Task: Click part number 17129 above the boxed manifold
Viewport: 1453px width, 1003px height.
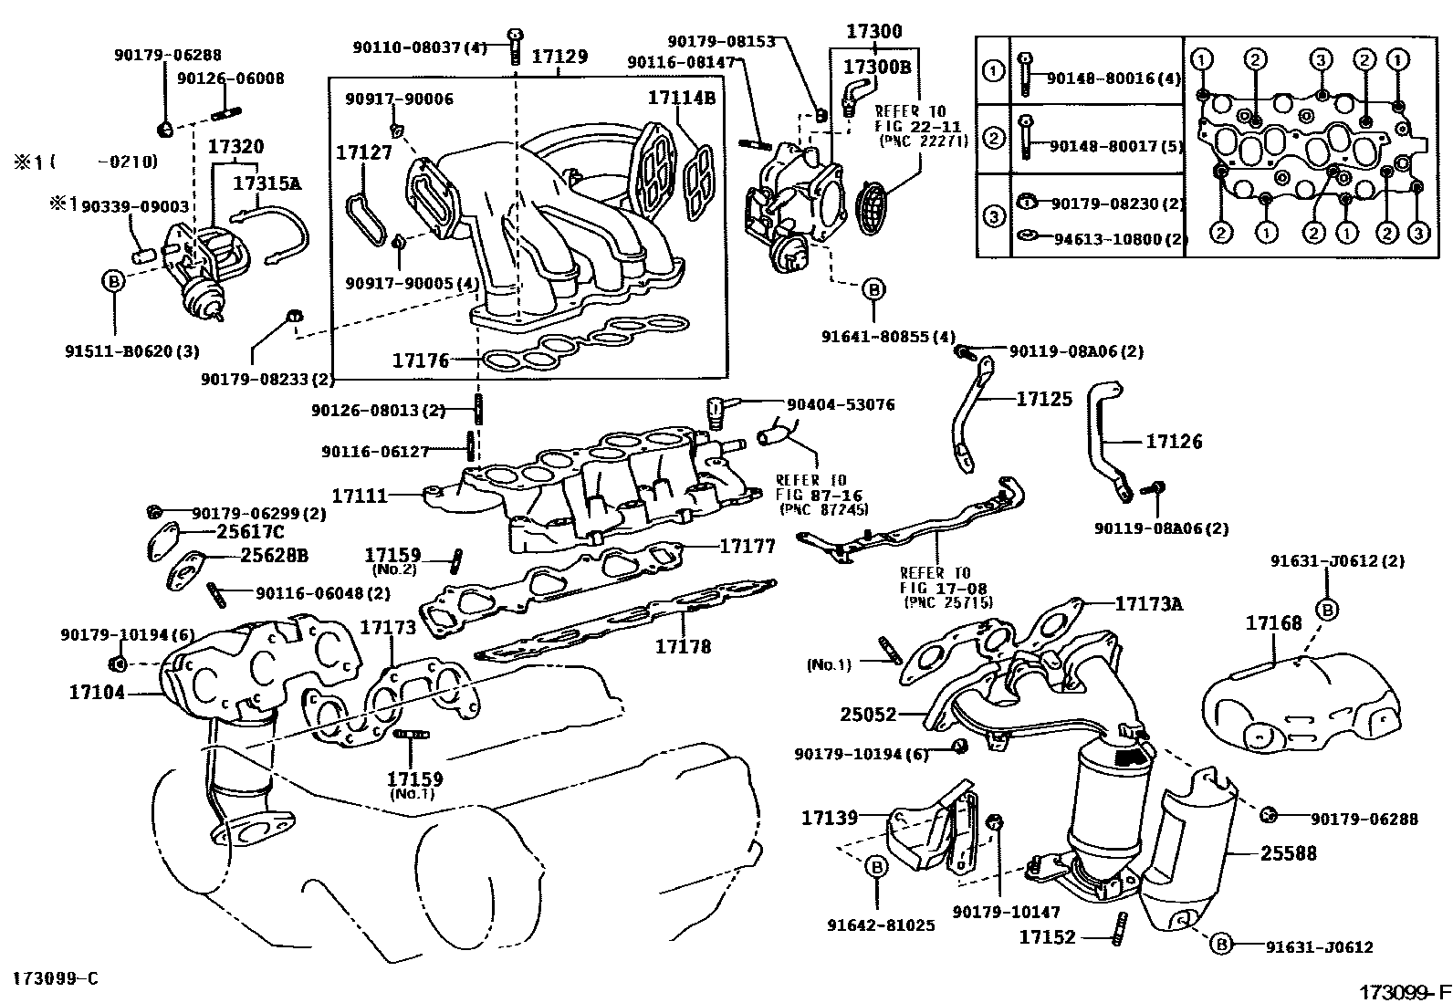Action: tap(559, 57)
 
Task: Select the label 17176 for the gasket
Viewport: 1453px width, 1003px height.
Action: tap(421, 360)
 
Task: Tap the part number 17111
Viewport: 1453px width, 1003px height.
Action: tap(360, 496)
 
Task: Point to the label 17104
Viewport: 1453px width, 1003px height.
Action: tap(97, 693)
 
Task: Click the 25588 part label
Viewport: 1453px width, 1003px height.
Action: tap(1289, 853)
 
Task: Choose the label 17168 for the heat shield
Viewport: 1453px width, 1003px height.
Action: tap(1274, 623)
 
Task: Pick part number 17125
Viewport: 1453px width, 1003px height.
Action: tap(1045, 399)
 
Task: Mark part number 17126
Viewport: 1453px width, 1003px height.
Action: tap(1175, 442)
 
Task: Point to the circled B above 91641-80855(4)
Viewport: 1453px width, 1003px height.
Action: tap(873, 290)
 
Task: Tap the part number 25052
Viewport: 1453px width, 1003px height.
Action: tap(869, 715)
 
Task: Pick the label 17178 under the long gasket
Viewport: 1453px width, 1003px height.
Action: tap(683, 646)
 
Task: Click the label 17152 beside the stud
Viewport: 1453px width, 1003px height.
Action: tap(1048, 936)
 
